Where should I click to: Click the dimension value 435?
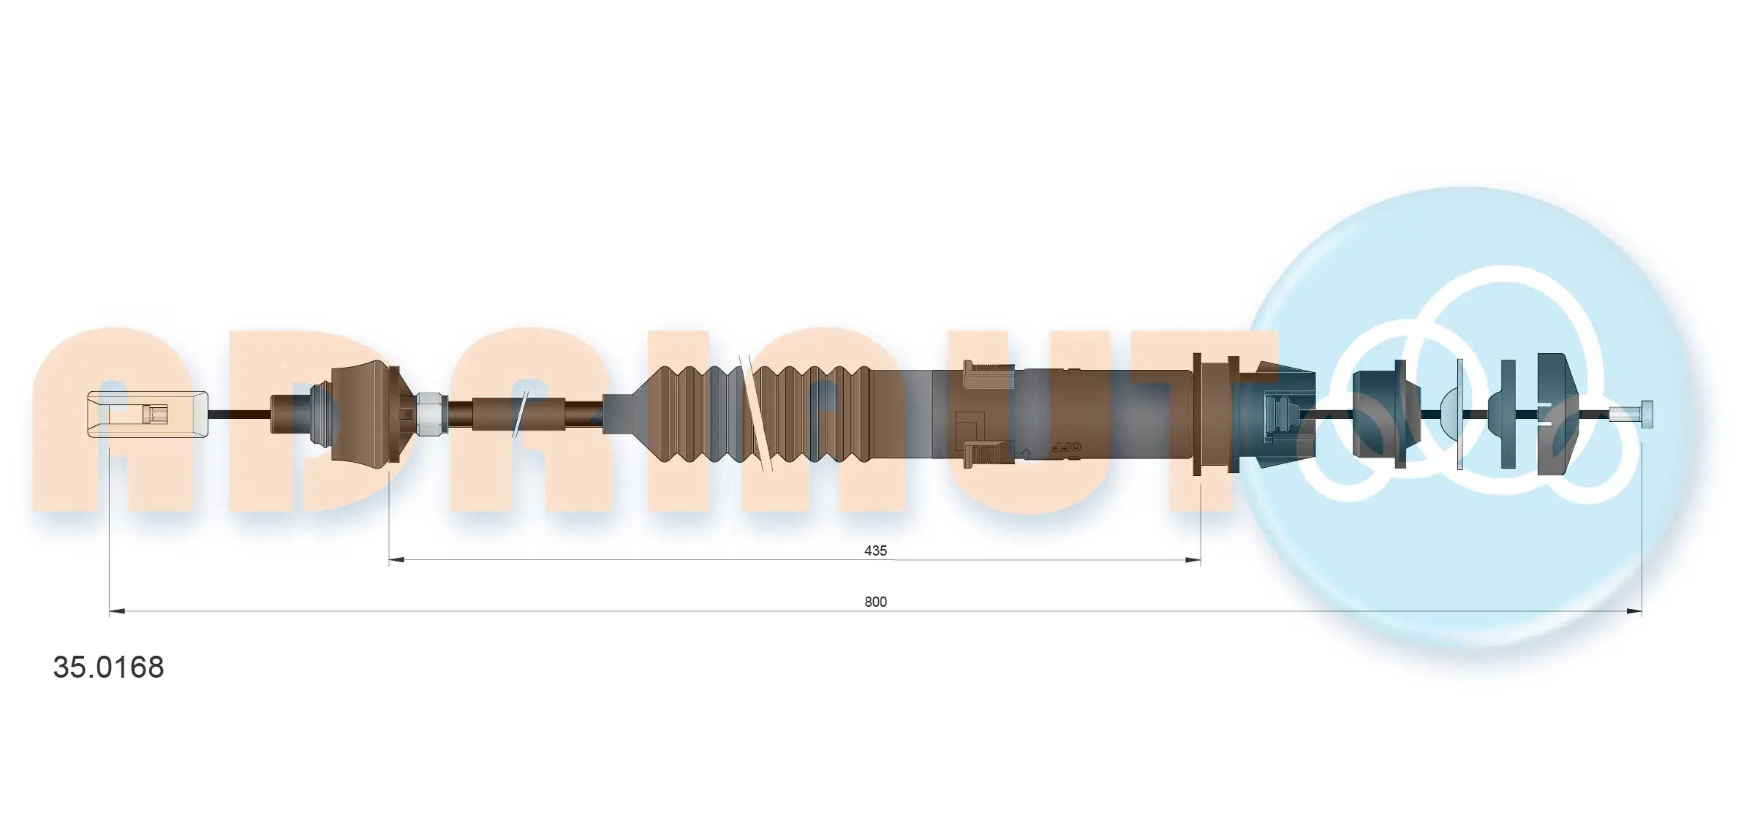click(x=875, y=550)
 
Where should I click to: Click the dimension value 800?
click(x=875, y=602)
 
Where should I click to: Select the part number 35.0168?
click(x=108, y=667)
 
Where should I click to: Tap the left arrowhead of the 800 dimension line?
click(x=117, y=611)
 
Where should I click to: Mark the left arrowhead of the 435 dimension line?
click(x=397, y=560)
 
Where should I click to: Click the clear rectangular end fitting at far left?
click(x=146, y=414)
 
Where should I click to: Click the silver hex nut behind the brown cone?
click(x=431, y=414)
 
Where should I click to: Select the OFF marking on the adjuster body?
click(x=1065, y=446)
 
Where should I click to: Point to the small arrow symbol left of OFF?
click(x=1026, y=454)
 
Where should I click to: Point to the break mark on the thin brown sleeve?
click(x=521, y=414)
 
